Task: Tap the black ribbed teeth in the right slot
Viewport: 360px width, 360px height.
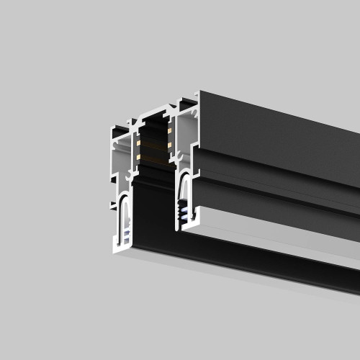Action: pyautogui.click(x=186, y=212)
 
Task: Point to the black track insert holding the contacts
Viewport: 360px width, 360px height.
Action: pyautogui.click(x=153, y=144)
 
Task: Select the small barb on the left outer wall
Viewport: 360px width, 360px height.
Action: pyautogui.click(x=113, y=206)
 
